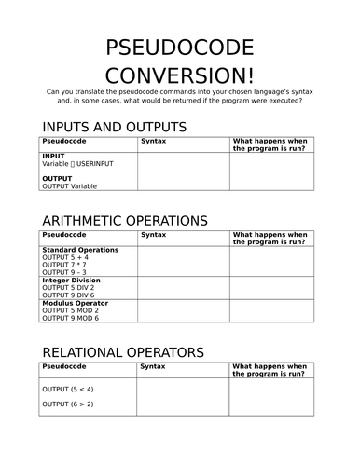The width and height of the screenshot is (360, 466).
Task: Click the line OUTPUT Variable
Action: coord(70,185)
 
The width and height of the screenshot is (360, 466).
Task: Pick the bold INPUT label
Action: coord(54,156)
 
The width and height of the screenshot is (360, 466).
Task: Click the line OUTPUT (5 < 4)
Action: coord(68,389)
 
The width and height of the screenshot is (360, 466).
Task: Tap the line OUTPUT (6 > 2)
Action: coord(68,404)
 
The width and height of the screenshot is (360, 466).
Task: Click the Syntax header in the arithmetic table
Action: coord(153,235)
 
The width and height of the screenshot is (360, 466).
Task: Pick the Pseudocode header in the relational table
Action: coord(63,367)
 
